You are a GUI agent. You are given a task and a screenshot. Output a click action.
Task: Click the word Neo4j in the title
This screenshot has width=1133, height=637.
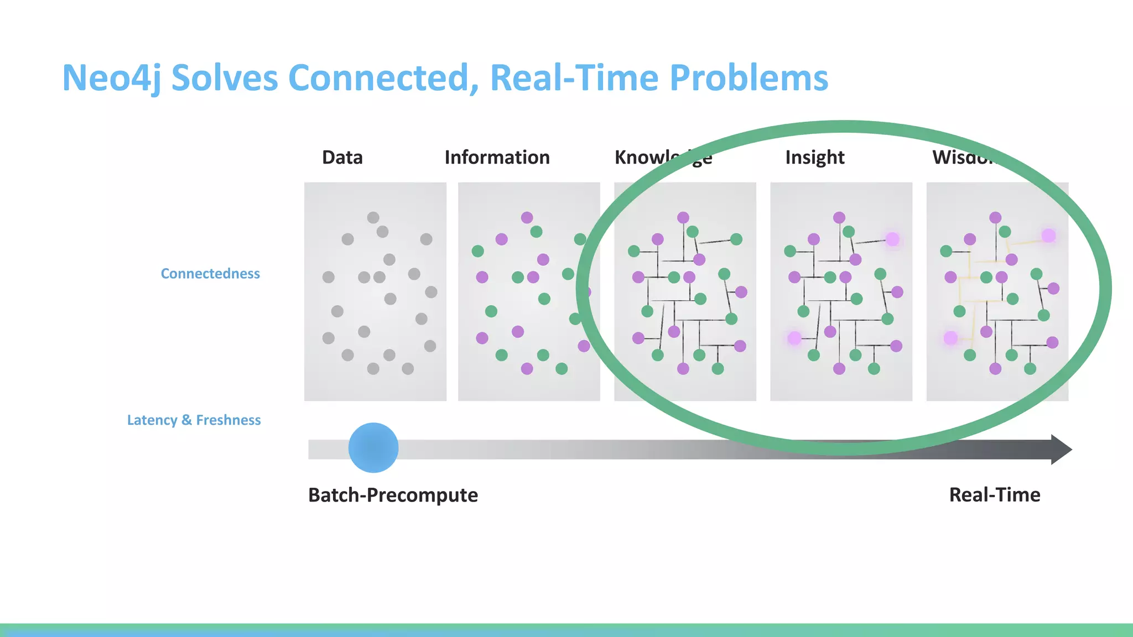pyautogui.click(x=111, y=78)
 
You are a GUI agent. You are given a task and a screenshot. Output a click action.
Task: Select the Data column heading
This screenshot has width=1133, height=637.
pyautogui.click(x=342, y=158)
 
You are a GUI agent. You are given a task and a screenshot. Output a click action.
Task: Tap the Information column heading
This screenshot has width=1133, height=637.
pyautogui.click(x=497, y=158)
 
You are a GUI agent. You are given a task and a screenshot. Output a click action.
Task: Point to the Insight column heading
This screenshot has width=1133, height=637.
pyautogui.click(x=814, y=158)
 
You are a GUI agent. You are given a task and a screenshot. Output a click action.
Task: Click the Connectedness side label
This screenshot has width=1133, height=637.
pyautogui.click(x=210, y=274)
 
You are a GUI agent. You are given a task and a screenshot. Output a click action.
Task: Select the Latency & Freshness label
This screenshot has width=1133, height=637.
pyautogui.click(x=194, y=420)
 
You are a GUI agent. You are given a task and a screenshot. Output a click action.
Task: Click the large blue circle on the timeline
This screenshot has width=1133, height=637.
pyautogui.click(x=373, y=448)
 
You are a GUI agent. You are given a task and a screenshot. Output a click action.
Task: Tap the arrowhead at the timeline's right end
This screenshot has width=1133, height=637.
pyautogui.click(x=1060, y=450)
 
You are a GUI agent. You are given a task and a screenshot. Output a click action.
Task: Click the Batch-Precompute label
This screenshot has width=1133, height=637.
pyautogui.click(x=393, y=495)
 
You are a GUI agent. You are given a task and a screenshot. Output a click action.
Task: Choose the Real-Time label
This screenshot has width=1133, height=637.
pyautogui.click(x=994, y=495)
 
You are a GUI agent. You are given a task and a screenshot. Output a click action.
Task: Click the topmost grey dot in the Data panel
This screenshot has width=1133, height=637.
pyautogui.click(x=373, y=217)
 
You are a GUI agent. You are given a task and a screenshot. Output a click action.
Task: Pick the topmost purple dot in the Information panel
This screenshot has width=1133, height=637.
pyautogui.click(x=527, y=217)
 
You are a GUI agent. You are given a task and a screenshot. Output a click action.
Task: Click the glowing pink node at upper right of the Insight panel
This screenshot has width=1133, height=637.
pyautogui.click(x=892, y=239)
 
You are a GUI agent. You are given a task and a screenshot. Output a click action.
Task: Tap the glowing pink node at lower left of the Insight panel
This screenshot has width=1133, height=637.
pyautogui.click(x=794, y=338)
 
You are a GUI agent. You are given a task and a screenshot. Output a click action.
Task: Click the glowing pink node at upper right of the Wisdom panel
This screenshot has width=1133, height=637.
pyautogui.click(x=1048, y=236)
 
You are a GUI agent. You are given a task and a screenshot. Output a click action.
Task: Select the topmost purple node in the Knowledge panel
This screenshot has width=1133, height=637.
pyautogui.click(x=683, y=217)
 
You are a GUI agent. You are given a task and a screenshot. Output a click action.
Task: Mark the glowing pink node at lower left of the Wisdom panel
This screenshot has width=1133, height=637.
pyautogui.click(x=950, y=338)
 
